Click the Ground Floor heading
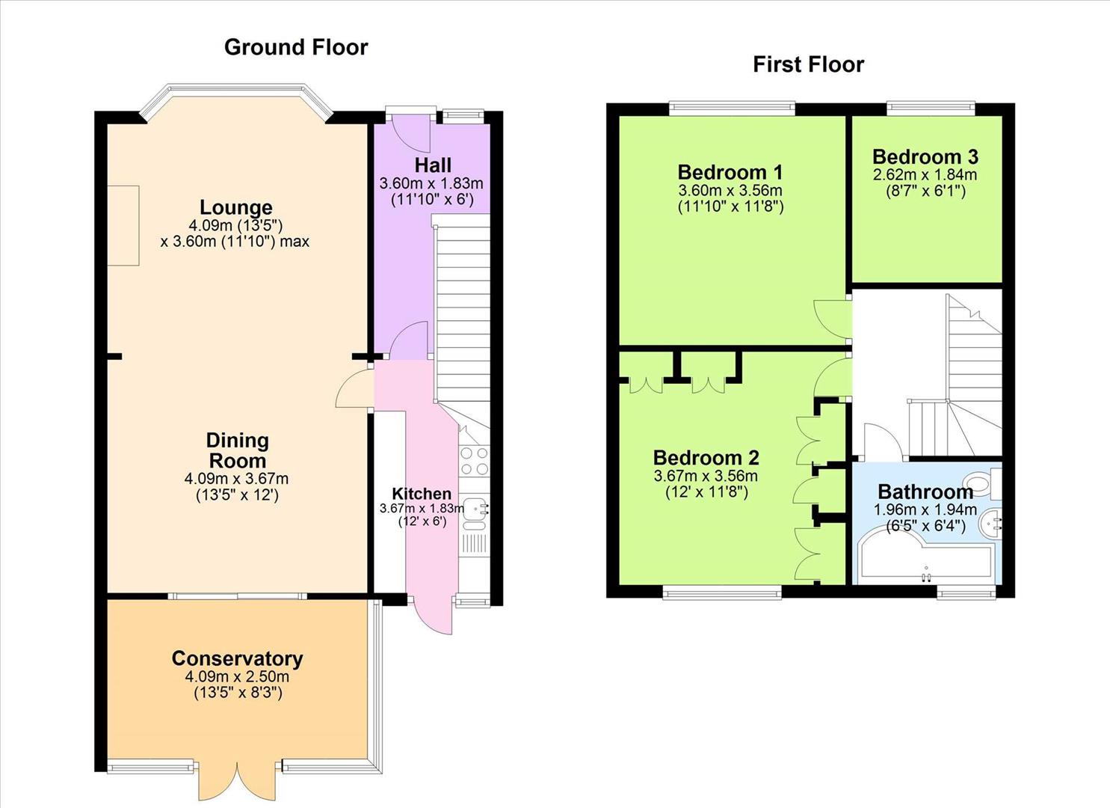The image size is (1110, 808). coord(296,47)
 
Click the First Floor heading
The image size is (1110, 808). coord(808,64)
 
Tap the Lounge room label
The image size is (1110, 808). coord(235,207)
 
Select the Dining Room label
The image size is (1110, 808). coord(237,450)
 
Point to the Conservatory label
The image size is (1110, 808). coord(237,658)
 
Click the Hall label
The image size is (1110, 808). coord(433,165)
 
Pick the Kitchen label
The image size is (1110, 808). coord(422,494)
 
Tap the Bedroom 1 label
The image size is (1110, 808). coord(730,173)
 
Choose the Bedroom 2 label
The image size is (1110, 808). coord(706,458)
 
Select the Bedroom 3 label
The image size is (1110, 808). coord(925,156)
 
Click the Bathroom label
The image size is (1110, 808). coord(925,492)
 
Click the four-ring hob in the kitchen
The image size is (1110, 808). coord(474,461)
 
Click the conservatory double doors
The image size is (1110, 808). coord(239,782)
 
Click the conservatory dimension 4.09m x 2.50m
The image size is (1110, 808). coord(237,676)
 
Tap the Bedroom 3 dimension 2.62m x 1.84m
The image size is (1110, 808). coord(925,174)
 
